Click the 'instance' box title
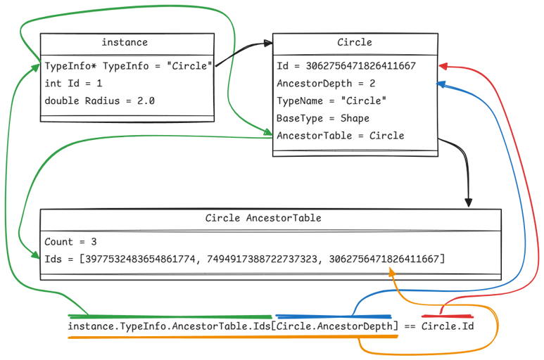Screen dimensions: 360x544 (x=125, y=42)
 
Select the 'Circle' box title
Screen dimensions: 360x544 (x=355, y=42)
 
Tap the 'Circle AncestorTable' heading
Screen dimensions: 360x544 (x=263, y=219)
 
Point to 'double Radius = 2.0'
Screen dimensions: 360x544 (x=99, y=101)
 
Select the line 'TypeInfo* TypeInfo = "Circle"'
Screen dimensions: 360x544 (x=128, y=67)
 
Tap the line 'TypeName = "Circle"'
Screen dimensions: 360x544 (x=331, y=101)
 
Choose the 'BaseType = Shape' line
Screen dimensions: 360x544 (x=322, y=118)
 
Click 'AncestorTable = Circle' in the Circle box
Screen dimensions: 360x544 (x=340, y=136)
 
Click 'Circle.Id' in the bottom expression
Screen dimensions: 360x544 (x=448, y=326)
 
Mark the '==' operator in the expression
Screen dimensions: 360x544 (x=410, y=326)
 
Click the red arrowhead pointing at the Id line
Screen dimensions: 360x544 (x=443, y=66)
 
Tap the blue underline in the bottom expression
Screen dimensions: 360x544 (x=334, y=316)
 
